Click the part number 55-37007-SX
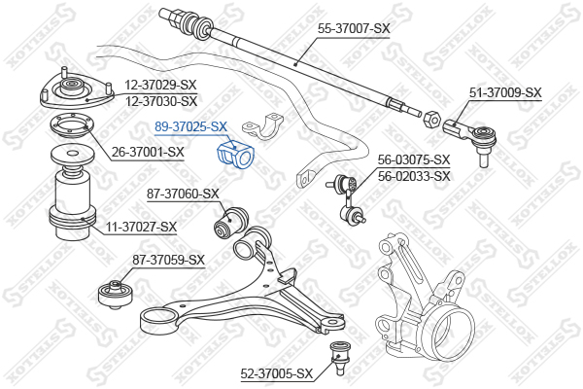[x=354, y=28]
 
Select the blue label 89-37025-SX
[x=190, y=127]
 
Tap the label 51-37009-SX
[x=505, y=92]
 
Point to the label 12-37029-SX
[x=160, y=85]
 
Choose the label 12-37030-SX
[x=161, y=101]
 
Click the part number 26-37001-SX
[x=148, y=152]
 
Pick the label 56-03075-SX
[x=414, y=159]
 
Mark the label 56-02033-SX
[x=414, y=176]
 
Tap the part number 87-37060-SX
[x=183, y=194]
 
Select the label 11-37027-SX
[x=141, y=227]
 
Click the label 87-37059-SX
[x=168, y=260]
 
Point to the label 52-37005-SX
[x=277, y=373]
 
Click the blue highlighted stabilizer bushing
[x=235, y=155]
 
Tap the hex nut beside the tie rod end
[x=431, y=119]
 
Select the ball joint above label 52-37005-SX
[x=338, y=358]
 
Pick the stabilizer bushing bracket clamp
[x=262, y=126]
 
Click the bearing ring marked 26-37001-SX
[x=72, y=128]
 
